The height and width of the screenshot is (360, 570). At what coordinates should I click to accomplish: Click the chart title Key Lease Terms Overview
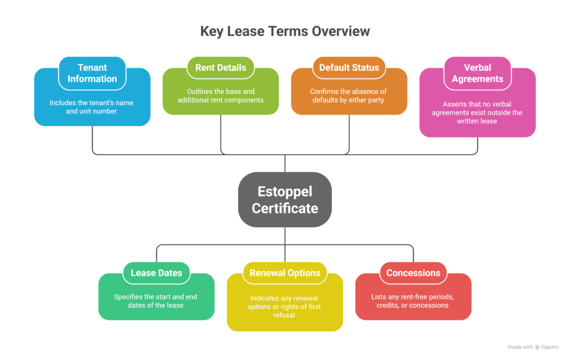pyautogui.click(x=284, y=31)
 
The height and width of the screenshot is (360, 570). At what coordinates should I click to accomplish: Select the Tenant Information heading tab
pyautogui.click(x=92, y=73)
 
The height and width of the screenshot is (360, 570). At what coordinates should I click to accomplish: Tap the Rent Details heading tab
pyautogui.click(x=220, y=67)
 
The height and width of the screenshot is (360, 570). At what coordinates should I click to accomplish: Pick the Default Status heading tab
pyautogui.click(x=349, y=67)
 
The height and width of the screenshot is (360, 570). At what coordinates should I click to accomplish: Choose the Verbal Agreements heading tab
pyautogui.click(x=477, y=73)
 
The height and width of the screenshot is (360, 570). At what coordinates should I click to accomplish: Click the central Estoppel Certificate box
pyautogui.click(x=284, y=200)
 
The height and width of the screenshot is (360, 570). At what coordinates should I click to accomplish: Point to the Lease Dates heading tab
pyautogui.click(x=156, y=273)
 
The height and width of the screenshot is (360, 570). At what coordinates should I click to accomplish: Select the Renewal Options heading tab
pyautogui.click(x=284, y=273)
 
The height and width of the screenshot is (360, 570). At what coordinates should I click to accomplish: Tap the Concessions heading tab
pyautogui.click(x=413, y=273)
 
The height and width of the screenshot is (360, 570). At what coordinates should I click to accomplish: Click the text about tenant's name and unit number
pyautogui.click(x=92, y=107)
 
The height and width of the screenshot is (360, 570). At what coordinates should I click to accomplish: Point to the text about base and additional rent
pyautogui.click(x=220, y=96)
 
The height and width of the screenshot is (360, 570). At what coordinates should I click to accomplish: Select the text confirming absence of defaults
pyautogui.click(x=348, y=96)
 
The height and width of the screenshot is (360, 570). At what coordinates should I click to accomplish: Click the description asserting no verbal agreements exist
pyautogui.click(x=477, y=112)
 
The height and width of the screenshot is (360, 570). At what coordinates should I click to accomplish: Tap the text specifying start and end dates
pyautogui.click(x=156, y=301)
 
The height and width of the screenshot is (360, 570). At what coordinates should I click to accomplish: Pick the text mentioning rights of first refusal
pyautogui.click(x=284, y=307)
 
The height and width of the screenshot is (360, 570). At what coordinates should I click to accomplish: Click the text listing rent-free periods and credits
pyautogui.click(x=413, y=301)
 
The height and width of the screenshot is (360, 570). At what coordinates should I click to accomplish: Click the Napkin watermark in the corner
pyautogui.click(x=534, y=347)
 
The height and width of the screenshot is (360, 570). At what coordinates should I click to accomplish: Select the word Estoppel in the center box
pyautogui.click(x=284, y=191)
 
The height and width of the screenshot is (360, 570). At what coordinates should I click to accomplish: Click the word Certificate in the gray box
pyautogui.click(x=284, y=208)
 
